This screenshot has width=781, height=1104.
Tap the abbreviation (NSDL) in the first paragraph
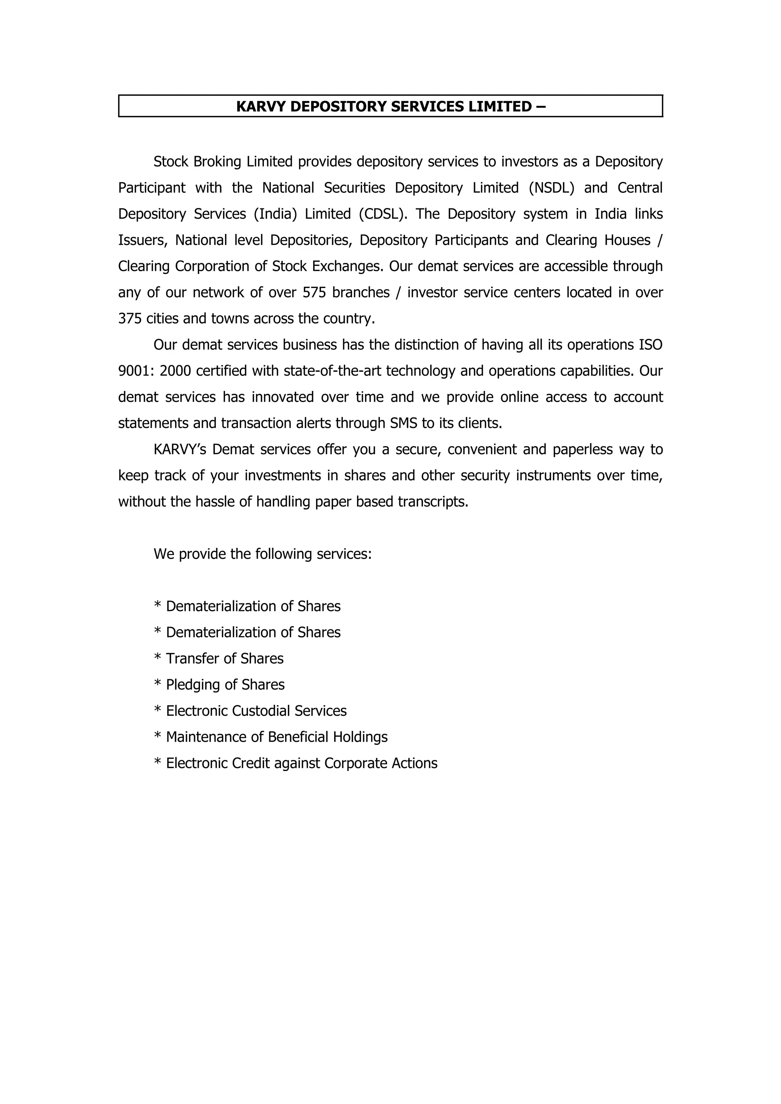point(551,187)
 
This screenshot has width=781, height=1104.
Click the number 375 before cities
point(130,318)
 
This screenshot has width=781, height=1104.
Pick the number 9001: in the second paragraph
point(136,371)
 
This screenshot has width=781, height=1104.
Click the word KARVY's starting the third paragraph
point(180,449)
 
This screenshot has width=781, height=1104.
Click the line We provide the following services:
point(262,554)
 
